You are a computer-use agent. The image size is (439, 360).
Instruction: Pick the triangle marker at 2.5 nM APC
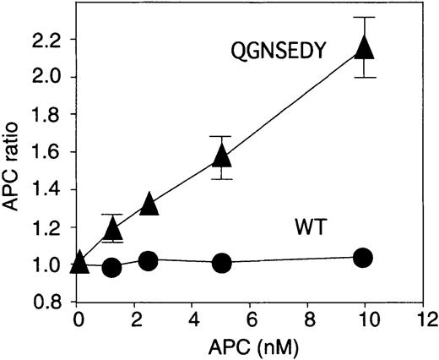pyautogui.click(x=149, y=204)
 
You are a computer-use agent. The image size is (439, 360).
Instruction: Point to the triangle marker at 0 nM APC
pyautogui.click(x=79, y=262)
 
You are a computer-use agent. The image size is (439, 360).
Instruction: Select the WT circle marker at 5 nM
pyautogui.click(x=221, y=263)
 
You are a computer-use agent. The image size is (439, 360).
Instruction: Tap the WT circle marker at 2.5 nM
pyautogui.click(x=148, y=260)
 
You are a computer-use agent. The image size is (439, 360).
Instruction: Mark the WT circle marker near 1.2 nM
pyautogui.click(x=111, y=268)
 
